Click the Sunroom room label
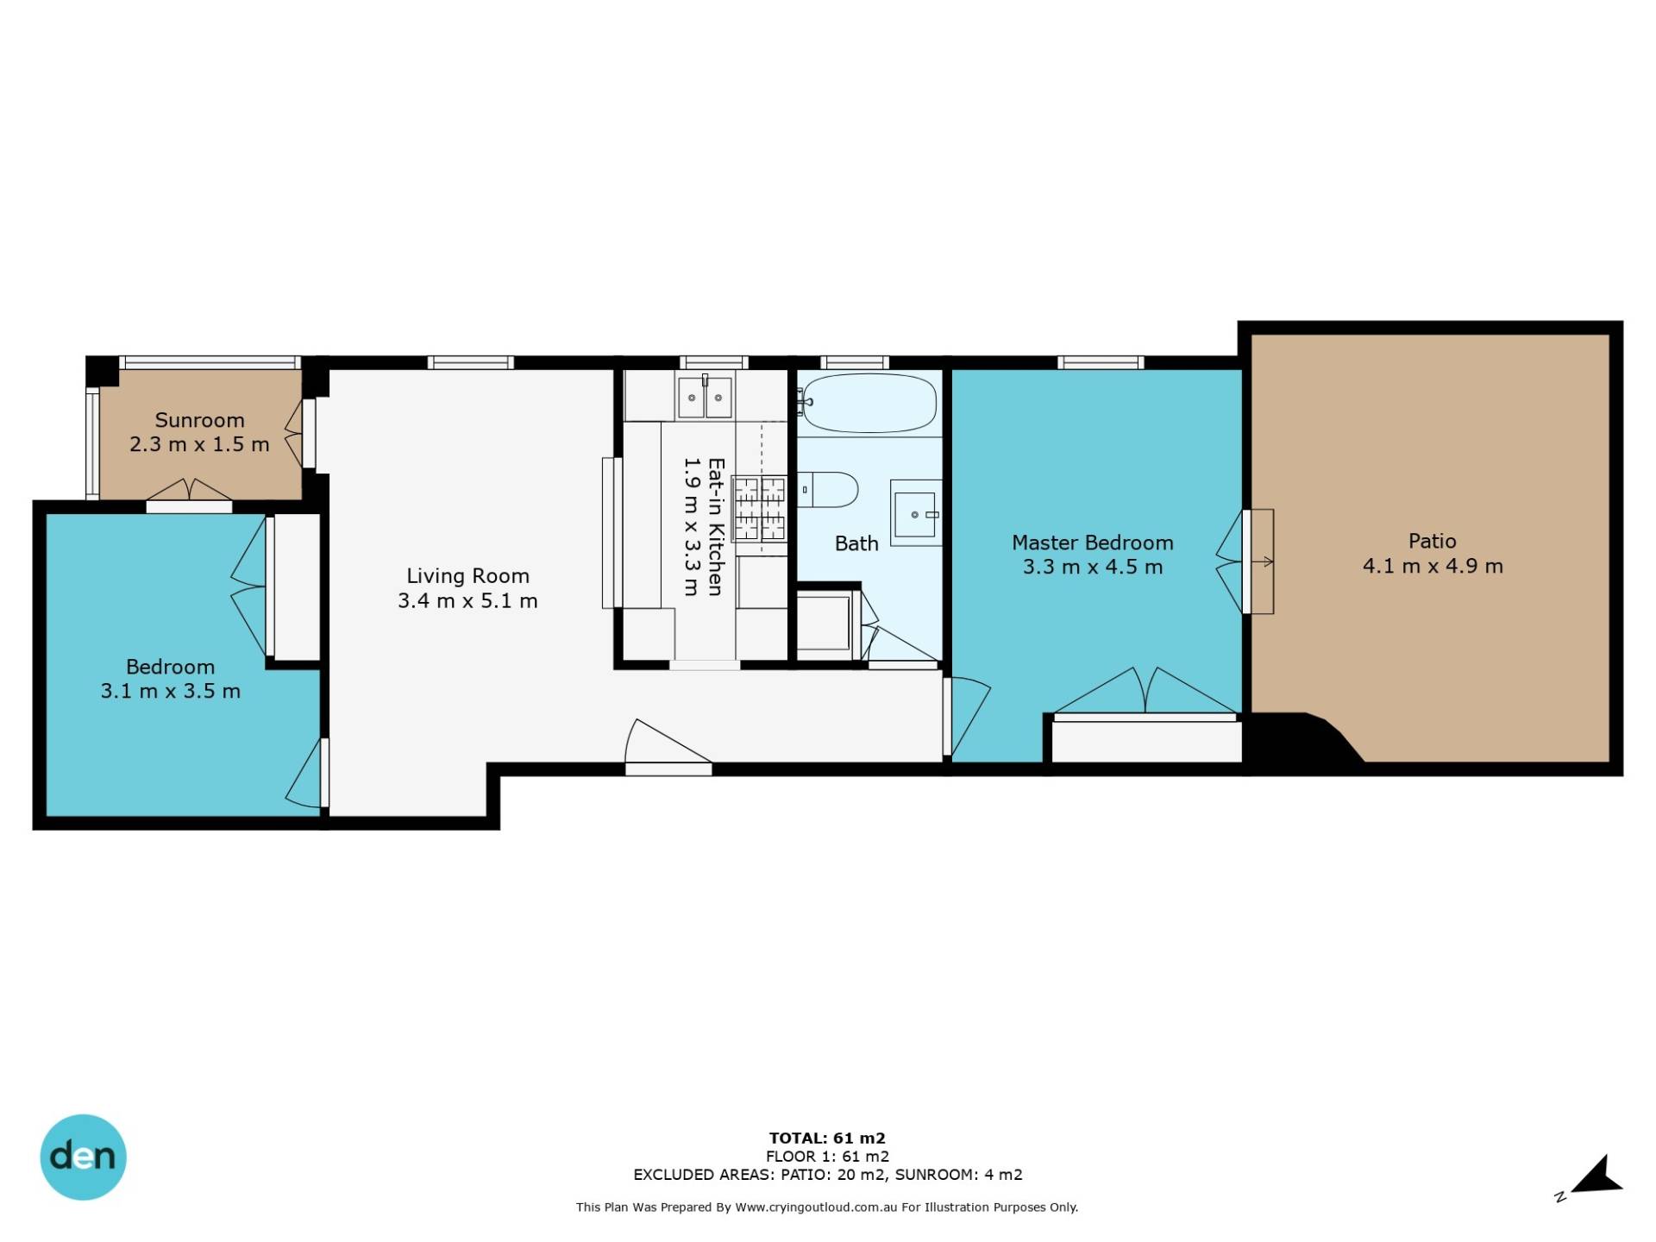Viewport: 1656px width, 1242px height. [199, 420]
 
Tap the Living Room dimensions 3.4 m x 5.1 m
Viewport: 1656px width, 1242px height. [467, 600]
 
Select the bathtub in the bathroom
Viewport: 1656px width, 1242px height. [868, 403]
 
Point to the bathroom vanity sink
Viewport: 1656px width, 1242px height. [915, 513]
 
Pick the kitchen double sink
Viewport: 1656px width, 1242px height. [705, 398]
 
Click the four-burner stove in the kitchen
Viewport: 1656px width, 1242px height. [759, 509]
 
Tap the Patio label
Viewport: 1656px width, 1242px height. [1432, 541]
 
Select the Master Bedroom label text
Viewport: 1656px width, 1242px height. [1092, 543]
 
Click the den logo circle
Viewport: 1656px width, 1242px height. [83, 1157]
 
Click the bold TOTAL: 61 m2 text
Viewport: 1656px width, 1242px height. [827, 1138]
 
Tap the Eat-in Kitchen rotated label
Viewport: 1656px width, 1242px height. [715, 526]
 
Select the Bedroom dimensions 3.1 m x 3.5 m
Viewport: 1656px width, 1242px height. [170, 691]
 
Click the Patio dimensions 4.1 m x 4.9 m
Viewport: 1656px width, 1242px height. [1433, 566]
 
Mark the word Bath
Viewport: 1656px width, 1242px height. [856, 543]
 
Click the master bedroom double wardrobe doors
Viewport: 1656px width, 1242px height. [1145, 691]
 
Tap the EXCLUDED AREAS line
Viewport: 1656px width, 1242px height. [828, 1175]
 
